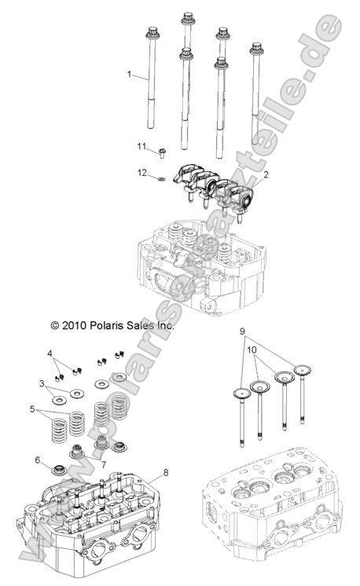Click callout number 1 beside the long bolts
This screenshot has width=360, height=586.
pos(130,75)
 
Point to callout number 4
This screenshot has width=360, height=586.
pos(50,355)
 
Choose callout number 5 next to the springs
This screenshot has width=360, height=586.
pos(32,409)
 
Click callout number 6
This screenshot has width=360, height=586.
pos(37,460)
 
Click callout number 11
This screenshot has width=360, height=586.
pos(142,146)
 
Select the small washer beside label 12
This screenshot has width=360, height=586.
pos(161,179)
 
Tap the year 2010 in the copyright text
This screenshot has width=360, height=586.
pos(53,324)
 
